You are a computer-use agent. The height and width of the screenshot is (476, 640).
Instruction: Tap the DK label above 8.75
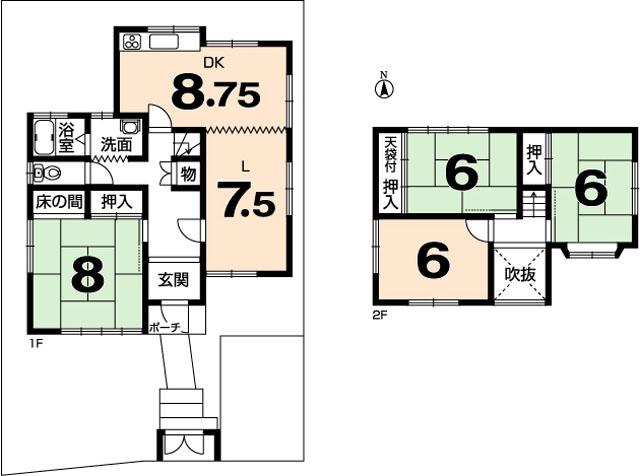212,62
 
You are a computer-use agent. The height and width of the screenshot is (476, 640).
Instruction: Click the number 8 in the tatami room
88,277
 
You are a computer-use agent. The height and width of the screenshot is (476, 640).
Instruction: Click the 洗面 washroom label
117,144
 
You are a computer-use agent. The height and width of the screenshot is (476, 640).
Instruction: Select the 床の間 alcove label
58,201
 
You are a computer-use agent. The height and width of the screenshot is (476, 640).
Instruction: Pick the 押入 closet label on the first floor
117,201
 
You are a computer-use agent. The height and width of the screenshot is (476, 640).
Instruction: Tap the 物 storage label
187,174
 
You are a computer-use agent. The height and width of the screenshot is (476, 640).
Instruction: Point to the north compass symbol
383,88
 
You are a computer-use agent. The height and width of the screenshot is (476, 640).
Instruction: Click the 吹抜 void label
519,272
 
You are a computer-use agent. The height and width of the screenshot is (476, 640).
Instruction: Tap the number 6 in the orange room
432,261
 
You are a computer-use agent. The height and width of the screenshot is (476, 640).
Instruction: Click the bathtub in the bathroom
42,134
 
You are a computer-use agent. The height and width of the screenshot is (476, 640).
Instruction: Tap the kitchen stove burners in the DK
133,43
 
